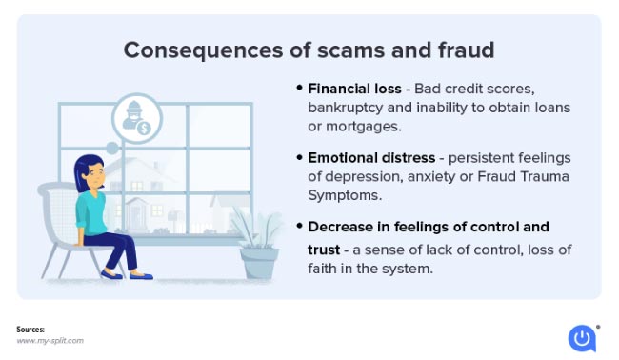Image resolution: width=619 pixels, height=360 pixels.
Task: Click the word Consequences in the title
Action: tap(203, 50)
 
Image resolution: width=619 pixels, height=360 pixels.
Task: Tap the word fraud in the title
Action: tap(466, 50)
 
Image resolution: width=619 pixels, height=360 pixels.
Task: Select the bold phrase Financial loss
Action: tap(354, 89)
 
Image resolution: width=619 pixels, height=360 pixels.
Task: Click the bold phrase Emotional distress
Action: tap(371, 158)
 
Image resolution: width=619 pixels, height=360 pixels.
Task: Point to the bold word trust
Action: tap(324, 250)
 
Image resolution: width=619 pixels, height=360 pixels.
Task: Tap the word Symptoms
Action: tap(345, 196)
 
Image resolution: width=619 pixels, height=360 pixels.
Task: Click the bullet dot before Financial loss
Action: tap(299, 88)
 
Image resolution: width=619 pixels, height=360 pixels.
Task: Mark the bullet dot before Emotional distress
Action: tap(299, 157)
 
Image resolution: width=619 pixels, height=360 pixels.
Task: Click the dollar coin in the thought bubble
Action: tap(144, 128)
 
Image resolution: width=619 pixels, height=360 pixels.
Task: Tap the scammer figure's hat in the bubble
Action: tap(134, 106)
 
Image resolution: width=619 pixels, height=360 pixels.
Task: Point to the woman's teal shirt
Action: tap(90, 214)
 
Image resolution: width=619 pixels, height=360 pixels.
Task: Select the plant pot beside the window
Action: tap(259, 263)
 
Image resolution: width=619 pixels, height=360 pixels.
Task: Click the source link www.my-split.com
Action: tap(50, 341)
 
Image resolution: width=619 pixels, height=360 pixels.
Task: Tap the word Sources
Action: tap(30, 330)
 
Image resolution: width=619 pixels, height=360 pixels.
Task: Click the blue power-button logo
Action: tap(582, 338)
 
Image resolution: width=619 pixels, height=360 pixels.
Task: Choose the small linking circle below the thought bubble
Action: tap(112, 149)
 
